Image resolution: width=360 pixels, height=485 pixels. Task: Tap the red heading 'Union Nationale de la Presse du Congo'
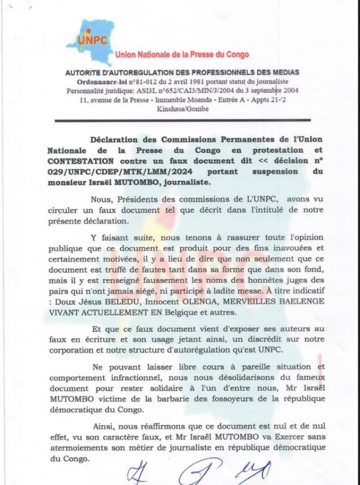click(182, 55)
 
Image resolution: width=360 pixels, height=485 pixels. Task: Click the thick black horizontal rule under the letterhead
click(182, 121)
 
